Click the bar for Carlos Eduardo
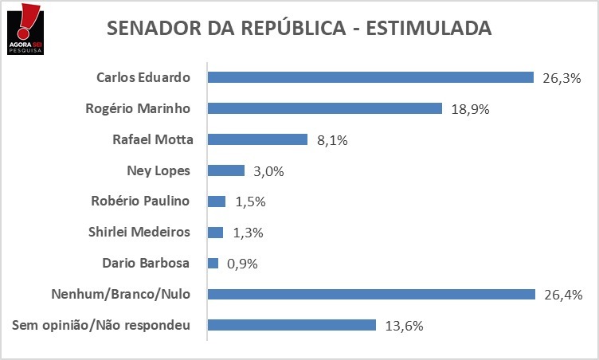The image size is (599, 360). pyautogui.click(x=370, y=77)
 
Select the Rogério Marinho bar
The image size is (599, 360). pyautogui.click(x=325, y=108)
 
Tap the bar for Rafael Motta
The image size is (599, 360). pyautogui.click(x=257, y=139)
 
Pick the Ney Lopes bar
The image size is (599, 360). pyautogui.click(x=225, y=170)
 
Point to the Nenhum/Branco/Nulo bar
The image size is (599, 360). pyautogui.click(x=371, y=295)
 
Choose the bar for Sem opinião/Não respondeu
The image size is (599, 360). pyautogui.click(x=292, y=325)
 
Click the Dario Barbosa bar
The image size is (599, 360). pyautogui.click(x=213, y=263)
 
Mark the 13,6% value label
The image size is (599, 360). pyautogui.click(x=402, y=326)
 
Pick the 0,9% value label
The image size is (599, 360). pyautogui.click(x=241, y=264)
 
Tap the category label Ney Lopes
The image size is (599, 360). pyautogui.click(x=158, y=170)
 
